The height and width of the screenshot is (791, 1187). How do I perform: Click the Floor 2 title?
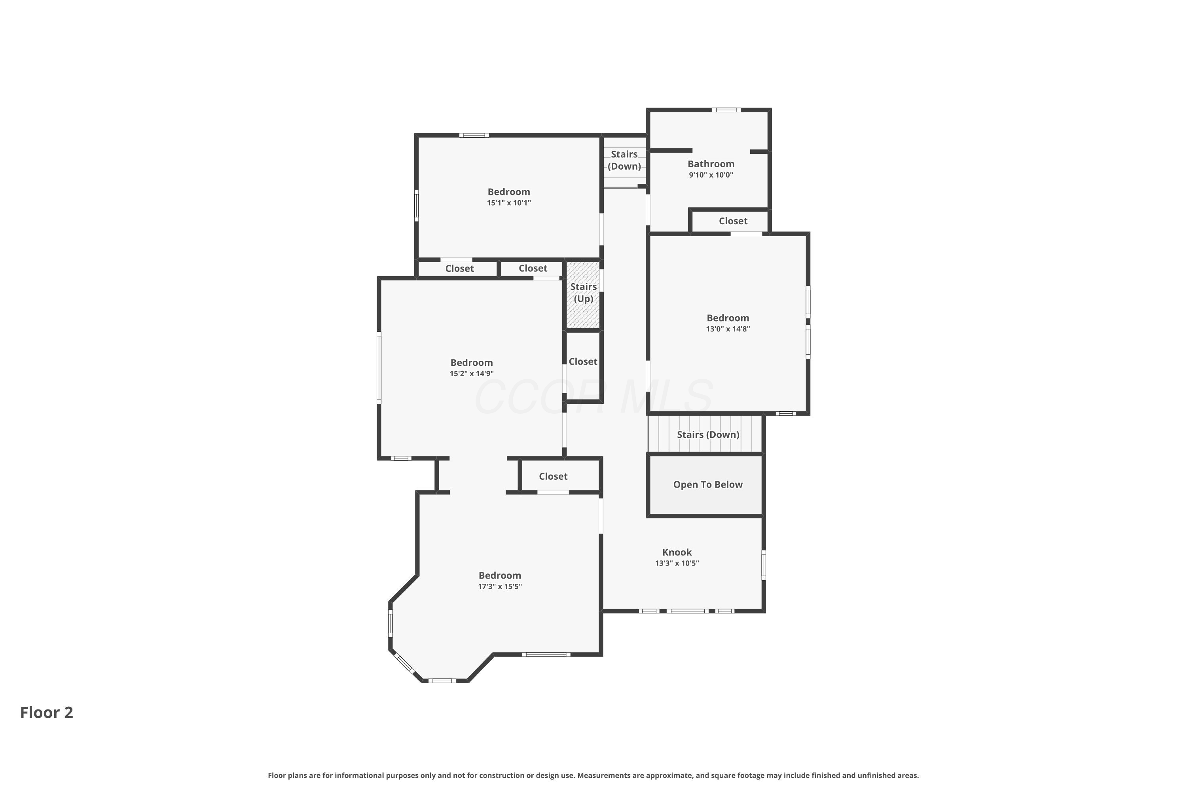coord(46,712)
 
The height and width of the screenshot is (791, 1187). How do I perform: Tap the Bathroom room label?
coord(711,164)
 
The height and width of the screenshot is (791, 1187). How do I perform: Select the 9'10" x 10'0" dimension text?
coord(711,175)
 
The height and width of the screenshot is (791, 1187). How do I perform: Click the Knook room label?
coord(677,553)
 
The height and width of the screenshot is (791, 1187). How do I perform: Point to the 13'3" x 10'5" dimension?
coord(677,564)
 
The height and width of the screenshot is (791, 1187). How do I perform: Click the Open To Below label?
coord(707,485)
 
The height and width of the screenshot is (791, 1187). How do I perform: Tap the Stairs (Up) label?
coord(583,293)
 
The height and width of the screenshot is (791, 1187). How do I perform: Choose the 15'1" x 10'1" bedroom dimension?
coord(509,203)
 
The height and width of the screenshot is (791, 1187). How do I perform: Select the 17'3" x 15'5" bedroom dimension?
coord(500,587)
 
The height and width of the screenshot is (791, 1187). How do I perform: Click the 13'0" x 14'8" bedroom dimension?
coord(728,329)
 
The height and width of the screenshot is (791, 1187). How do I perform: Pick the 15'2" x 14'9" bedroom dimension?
coord(471,374)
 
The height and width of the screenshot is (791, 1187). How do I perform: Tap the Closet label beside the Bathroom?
coord(733,221)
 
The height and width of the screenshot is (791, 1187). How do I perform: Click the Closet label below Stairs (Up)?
coord(583,362)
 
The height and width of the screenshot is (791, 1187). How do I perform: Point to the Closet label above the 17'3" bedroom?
coord(553,476)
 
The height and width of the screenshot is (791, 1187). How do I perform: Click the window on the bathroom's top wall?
coord(726,110)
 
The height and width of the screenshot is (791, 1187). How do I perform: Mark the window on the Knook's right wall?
coord(764,565)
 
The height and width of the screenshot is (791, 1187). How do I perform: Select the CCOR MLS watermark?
coord(593,397)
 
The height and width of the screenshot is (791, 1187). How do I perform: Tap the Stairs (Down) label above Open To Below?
coord(708,435)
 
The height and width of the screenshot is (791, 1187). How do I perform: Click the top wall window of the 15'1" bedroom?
coord(474,135)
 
